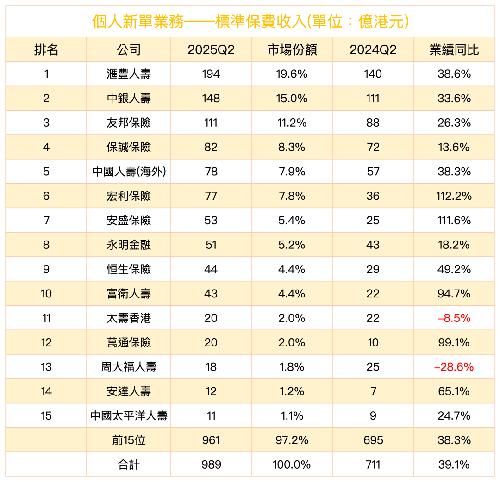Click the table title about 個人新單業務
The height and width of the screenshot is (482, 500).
coord(250,21)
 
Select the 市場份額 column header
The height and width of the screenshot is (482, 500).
coord(292,50)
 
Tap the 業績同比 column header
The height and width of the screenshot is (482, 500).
coord(454,50)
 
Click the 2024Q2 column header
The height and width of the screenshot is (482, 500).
coord(373,50)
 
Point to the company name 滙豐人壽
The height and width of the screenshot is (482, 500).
coord(129,74)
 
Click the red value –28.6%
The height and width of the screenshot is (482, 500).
coord(454,367)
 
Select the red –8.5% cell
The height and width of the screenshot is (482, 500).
coord(454,318)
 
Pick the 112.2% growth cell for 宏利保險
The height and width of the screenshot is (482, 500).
coord(454,196)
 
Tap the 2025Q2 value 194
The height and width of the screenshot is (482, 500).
coord(211,74)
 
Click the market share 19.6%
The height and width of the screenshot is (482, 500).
coord(292,74)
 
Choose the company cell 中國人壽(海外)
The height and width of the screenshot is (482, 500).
coord(129,172)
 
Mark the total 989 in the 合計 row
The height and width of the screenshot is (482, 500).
coord(211,464)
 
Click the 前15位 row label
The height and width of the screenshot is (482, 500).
coord(129,440)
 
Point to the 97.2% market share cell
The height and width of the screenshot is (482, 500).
coord(292,440)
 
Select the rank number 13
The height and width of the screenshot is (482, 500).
coord(46,367)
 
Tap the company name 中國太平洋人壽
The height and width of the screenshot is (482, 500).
coord(129,416)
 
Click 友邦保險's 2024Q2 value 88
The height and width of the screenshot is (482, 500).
coord(373,123)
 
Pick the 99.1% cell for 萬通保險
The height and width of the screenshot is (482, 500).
coord(454,343)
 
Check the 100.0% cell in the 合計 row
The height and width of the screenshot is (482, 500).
coord(292,464)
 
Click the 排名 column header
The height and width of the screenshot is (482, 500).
coord(46,50)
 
